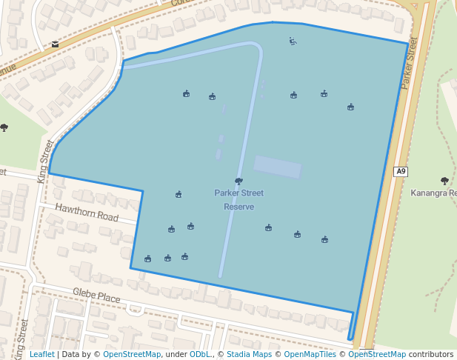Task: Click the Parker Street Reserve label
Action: tap(239, 200)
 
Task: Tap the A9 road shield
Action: tap(401, 171)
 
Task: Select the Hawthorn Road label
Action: tap(87, 213)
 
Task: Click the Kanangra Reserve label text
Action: tap(433, 193)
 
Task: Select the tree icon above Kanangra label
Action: tap(444, 181)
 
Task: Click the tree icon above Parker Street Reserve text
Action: tap(238, 181)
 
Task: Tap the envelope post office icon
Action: tap(55, 44)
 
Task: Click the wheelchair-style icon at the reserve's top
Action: tap(293, 41)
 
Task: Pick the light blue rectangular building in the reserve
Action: tap(278, 167)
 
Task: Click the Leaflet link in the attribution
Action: tap(42, 354)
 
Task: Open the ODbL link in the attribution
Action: tap(199, 354)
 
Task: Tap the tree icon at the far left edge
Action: tap(4, 127)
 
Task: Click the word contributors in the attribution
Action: tap(431, 354)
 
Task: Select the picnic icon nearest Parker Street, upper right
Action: tap(350, 107)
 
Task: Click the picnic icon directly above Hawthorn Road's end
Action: tap(179, 195)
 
